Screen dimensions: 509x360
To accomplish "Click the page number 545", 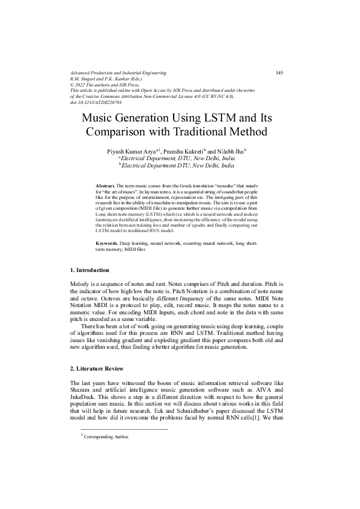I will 280,73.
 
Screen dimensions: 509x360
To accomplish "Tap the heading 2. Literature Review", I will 98,368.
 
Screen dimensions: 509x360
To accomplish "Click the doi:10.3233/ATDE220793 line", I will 100,102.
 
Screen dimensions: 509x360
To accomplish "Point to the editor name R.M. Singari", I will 86,79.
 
